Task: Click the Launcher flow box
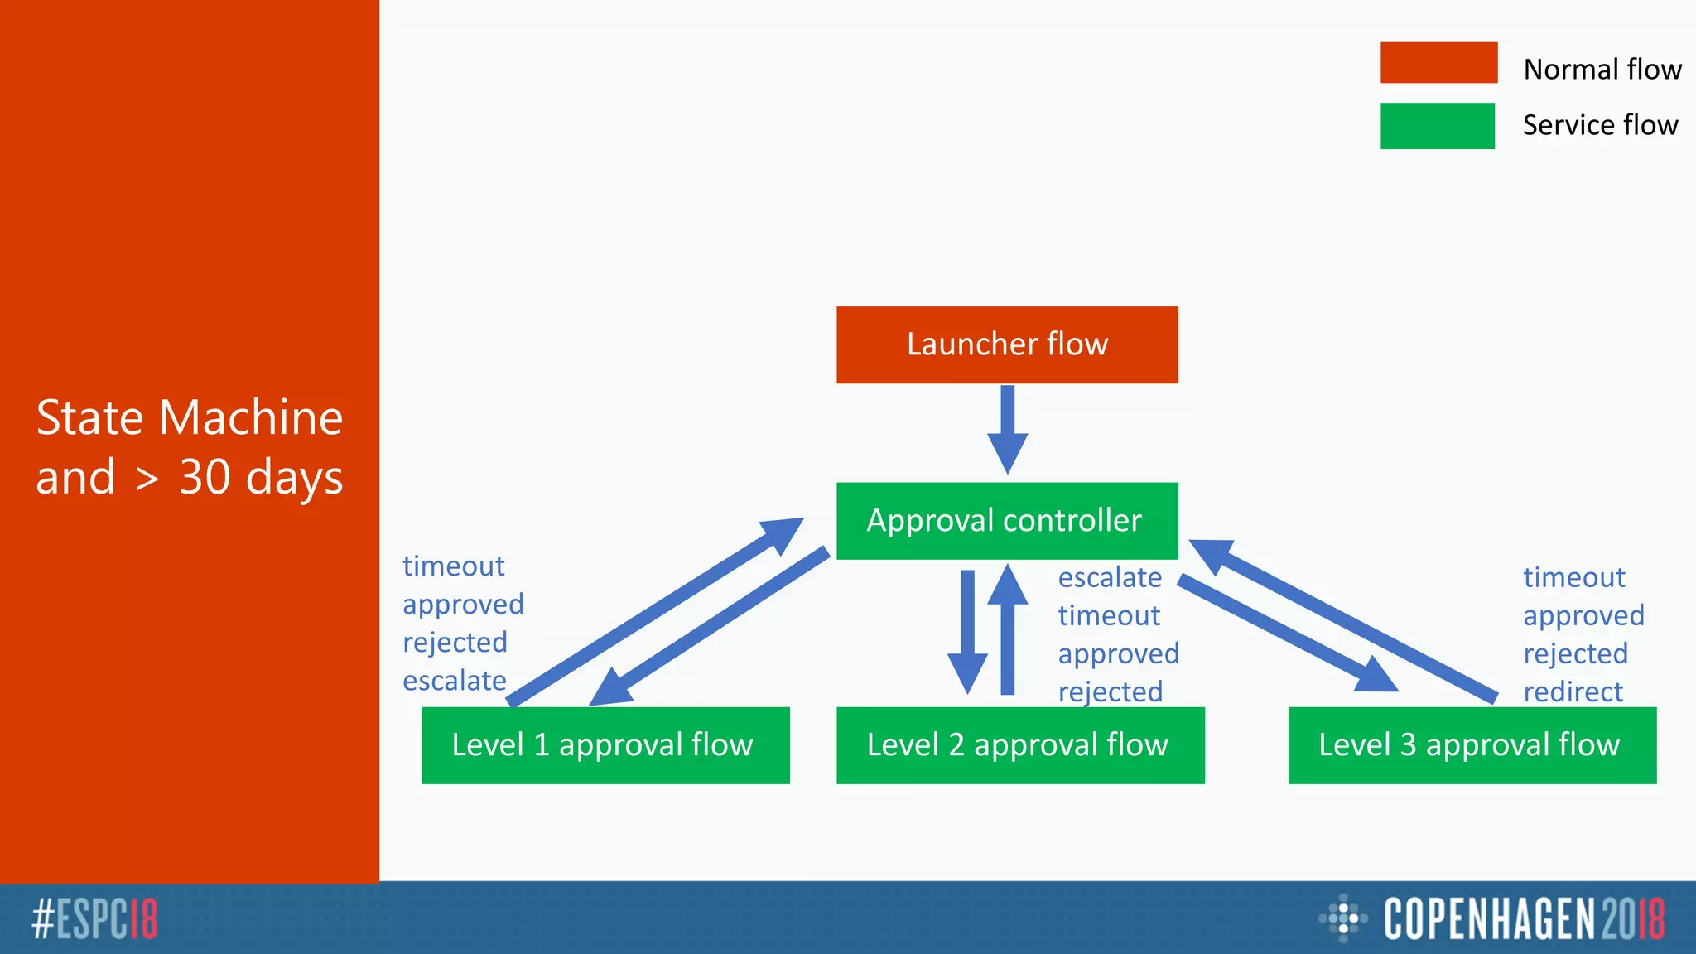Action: [x=1007, y=344]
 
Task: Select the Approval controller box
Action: [x=1007, y=521]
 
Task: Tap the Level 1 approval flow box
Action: [x=605, y=745]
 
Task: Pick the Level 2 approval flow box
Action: [x=1020, y=745]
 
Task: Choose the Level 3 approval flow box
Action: [x=1472, y=745]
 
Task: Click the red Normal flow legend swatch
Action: [x=1438, y=63]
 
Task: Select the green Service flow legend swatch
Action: [x=1437, y=126]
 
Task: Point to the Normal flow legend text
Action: [x=1602, y=70]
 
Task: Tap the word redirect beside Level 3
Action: [x=1573, y=691]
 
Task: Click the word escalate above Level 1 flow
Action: [x=455, y=681]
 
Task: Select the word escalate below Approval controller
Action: [x=1110, y=577]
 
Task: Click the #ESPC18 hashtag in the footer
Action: [x=94, y=919]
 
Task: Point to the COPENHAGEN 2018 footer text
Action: [x=1523, y=919]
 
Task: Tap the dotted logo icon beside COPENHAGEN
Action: [x=1342, y=918]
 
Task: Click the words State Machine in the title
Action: [x=190, y=417]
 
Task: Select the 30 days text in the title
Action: [x=261, y=478]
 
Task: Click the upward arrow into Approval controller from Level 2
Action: [x=1007, y=629]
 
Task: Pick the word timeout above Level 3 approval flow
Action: [x=1573, y=577]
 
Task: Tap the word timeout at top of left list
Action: [x=453, y=566]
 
